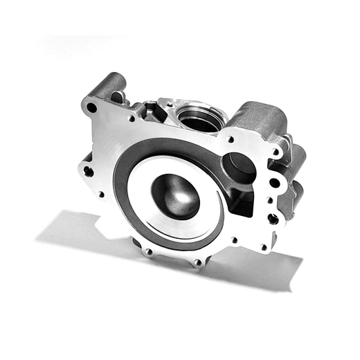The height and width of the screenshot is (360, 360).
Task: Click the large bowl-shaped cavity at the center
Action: tap(174, 195)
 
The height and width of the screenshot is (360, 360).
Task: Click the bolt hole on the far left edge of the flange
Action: tap(88, 170)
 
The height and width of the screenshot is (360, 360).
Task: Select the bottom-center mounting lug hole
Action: tap(199, 262)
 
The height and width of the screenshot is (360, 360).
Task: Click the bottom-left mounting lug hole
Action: tap(147, 251)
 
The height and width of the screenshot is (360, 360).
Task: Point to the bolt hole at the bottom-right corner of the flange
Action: tap(264, 246)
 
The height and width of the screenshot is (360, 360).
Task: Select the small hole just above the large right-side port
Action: tap(231, 139)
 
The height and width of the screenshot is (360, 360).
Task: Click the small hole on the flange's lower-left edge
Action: tap(101, 195)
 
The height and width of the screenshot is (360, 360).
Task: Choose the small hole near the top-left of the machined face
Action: tap(132, 118)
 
